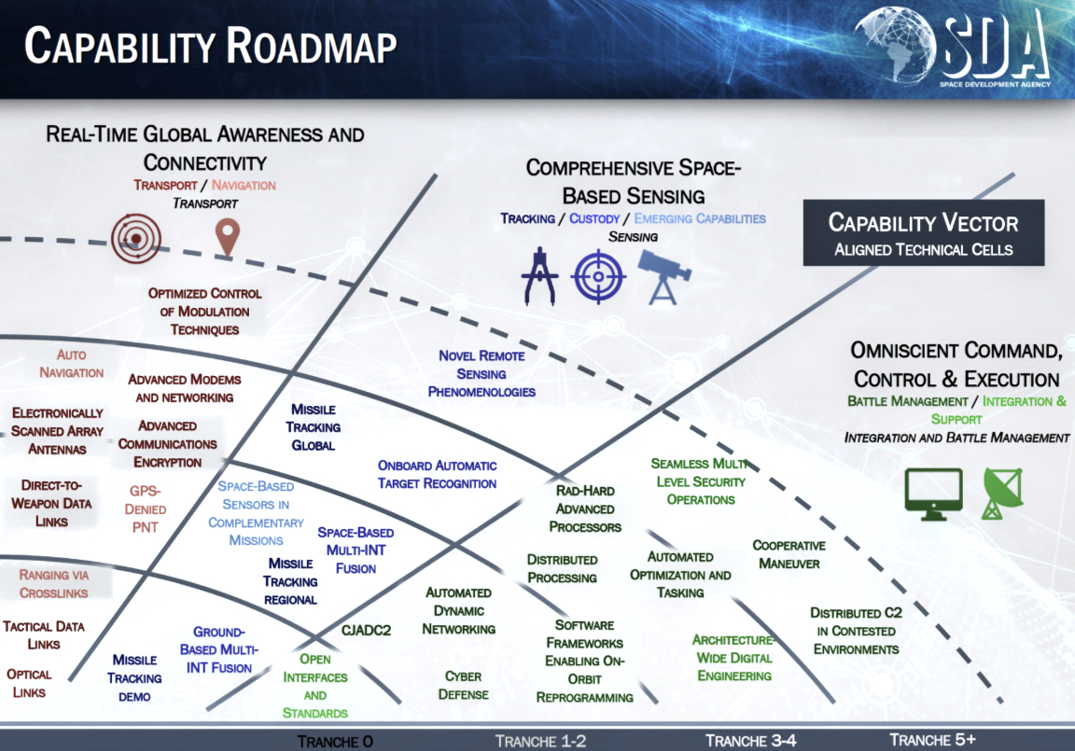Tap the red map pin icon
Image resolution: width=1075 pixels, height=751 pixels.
click(227, 237)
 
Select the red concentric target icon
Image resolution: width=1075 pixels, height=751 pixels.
click(135, 239)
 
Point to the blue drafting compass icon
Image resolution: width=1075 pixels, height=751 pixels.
click(539, 277)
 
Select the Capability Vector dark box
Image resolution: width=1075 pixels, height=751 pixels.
click(923, 232)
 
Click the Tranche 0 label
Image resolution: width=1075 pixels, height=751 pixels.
click(335, 741)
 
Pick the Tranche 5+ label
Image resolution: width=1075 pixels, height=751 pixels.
click(932, 740)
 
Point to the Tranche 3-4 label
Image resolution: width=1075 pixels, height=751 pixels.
click(749, 740)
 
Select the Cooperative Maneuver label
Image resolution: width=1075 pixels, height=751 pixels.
click(789, 554)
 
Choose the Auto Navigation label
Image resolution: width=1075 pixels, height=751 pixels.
click(72, 364)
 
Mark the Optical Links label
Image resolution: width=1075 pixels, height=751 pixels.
click(29, 683)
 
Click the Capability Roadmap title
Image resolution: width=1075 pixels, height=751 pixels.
click(210, 47)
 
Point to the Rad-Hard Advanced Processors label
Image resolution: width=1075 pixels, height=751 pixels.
click(585, 508)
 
